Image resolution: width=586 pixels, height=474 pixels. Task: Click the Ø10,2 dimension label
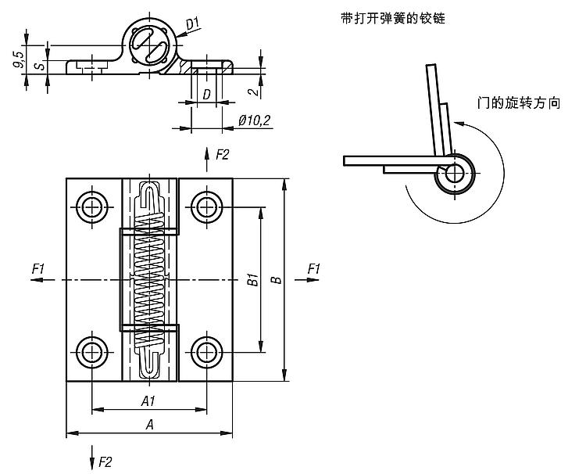point(254,120)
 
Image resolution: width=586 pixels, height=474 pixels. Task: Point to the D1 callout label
point(193,23)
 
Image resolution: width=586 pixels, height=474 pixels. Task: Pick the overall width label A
point(148,423)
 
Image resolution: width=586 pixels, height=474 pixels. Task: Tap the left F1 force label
point(39,269)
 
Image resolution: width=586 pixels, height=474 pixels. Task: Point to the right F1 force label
point(314,269)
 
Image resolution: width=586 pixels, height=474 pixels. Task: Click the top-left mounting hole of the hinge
point(92,207)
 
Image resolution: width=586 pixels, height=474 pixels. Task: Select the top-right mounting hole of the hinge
point(206,207)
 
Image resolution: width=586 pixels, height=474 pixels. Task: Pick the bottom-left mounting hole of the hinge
point(92,351)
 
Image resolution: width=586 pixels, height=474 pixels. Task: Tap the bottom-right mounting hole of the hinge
point(206,351)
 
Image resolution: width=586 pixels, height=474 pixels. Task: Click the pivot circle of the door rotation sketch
point(453,174)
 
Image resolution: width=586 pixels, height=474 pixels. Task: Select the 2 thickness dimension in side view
point(252,91)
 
